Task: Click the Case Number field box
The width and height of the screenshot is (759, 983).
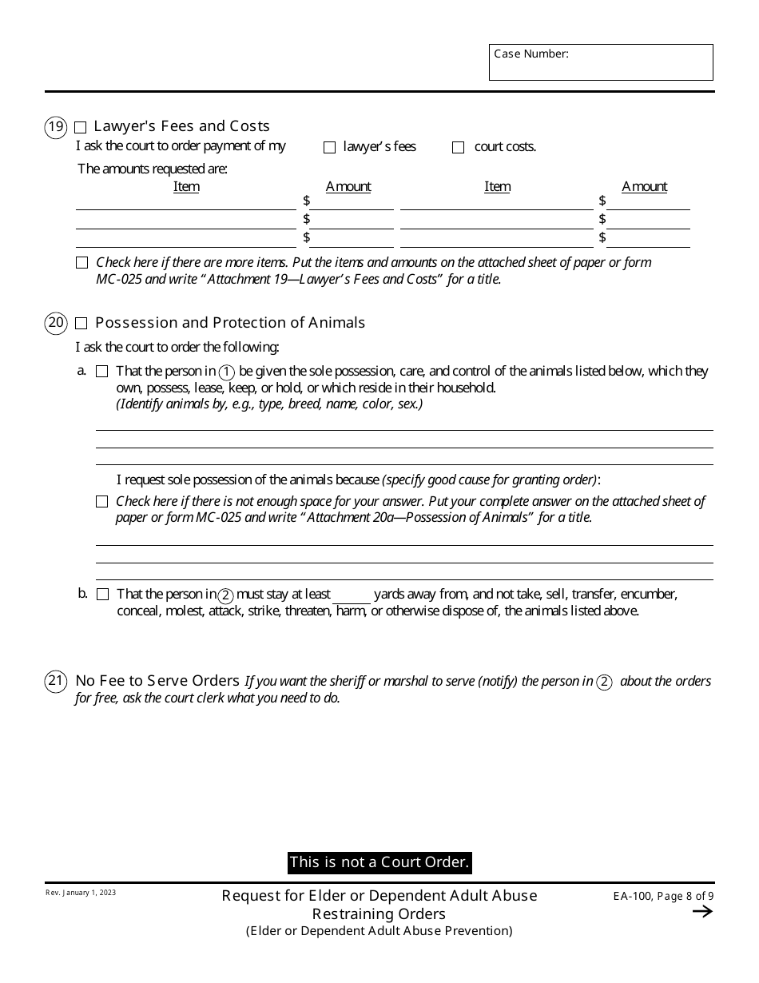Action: pyautogui.click(x=601, y=62)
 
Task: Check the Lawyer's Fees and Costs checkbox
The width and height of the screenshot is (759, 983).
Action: pyautogui.click(x=81, y=127)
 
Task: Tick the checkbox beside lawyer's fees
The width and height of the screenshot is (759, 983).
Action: pyautogui.click(x=329, y=148)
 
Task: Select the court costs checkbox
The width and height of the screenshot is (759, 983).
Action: pyautogui.click(x=458, y=148)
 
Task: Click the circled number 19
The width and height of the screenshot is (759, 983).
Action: pyautogui.click(x=56, y=127)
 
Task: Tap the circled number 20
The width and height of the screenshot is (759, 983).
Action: pyautogui.click(x=56, y=324)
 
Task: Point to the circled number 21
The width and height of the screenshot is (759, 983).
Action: pyautogui.click(x=56, y=682)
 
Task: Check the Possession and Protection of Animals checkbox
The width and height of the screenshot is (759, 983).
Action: pyautogui.click(x=81, y=324)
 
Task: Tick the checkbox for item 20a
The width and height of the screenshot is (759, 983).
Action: pyautogui.click(x=101, y=372)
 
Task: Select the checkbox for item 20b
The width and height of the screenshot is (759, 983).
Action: pyautogui.click(x=102, y=595)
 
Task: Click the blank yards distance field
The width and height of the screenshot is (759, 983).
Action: pyautogui.click(x=352, y=595)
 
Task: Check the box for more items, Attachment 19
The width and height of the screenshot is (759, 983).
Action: pyautogui.click(x=81, y=263)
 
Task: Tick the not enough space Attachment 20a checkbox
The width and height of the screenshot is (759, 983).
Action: pyautogui.click(x=101, y=502)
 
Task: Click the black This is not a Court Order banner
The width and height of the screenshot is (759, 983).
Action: pyautogui.click(x=379, y=862)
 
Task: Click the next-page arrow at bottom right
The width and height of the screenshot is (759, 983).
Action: pyautogui.click(x=702, y=912)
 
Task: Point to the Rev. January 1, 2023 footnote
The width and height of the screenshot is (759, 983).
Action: pyautogui.click(x=80, y=893)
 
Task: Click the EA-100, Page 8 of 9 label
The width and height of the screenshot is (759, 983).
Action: pyautogui.click(x=658, y=897)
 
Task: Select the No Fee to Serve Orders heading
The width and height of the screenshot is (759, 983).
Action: pyautogui.click(x=157, y=681)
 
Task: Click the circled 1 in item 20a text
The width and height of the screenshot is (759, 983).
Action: pyautogui.click(x=227, y=372)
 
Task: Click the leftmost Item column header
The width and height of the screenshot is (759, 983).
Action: pyautogui.click(x=186, y=186)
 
